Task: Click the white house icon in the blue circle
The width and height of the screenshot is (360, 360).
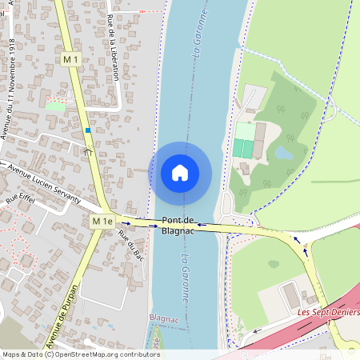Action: pyautogui.click(x=179, y=173)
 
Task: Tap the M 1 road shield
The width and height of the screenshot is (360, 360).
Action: pyautogui.click(x=71, y=59)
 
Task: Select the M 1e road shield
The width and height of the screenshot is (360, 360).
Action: pyautogui.click(x=102, y=220)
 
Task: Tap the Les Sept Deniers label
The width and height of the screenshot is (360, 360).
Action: pyautogui.click(x=328, y=311)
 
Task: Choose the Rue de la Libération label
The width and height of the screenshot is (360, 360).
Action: pyautogui.click(x=113, y=48)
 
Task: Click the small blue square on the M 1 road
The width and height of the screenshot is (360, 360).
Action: pyautogui.click(x=87, y=130)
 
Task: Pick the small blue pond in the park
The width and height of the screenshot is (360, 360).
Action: pyautogui.click(x=284, y=151)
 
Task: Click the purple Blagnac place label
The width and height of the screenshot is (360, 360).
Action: pyautogui.click(x=166, y=318)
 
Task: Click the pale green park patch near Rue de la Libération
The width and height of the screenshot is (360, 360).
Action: pyautogui.click(x=56, y=105)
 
